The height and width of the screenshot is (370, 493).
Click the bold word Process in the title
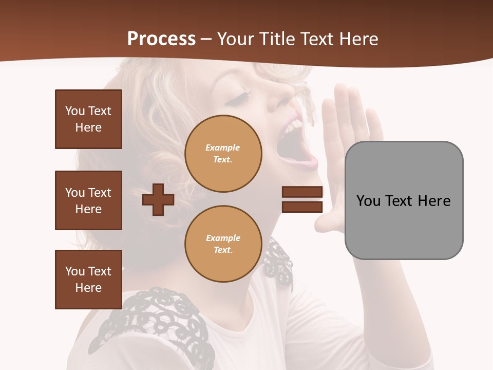tap(161, 39)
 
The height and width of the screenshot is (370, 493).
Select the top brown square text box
tap(88, 119)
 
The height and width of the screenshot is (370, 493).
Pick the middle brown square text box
tap(88, 200)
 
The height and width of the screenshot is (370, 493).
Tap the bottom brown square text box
tap(88, 280)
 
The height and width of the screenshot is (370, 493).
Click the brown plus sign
tap(158, 199)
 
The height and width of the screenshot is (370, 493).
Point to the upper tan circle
tap(223, 153)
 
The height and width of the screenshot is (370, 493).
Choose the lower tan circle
tap(223, 244)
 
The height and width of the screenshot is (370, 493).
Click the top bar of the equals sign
tap(302, 192)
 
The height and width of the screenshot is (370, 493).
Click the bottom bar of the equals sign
tap(302, 207)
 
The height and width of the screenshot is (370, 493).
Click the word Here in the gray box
tap(434, 201)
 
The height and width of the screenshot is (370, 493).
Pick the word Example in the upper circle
tap(223, 147)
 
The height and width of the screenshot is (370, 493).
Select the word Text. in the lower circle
tap(223, 250)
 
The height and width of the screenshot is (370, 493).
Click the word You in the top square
tap(75, 111)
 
